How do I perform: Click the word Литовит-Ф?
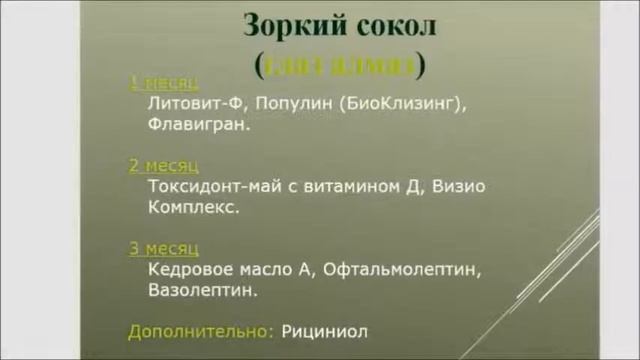point(188,104)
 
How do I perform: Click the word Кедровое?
point(184,269)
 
